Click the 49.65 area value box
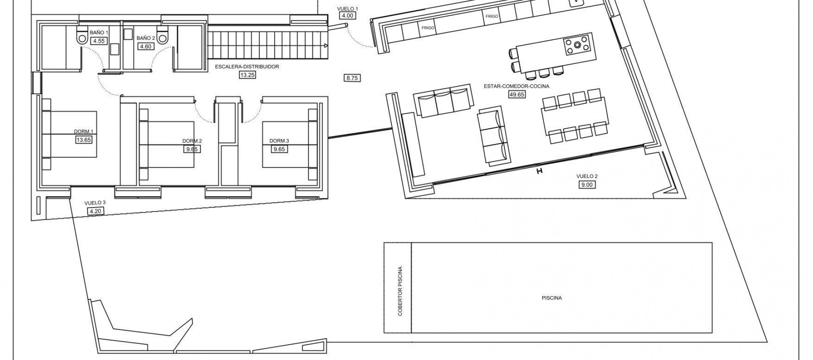click(517, 94)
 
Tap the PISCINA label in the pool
click(551, 298)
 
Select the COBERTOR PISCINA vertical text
click(400, 291)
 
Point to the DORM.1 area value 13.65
click(83, 140)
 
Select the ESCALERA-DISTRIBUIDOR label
click(247, 66)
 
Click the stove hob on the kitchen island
click(578, 45)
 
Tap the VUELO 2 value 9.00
click(587, 184)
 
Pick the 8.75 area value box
click(353, 78)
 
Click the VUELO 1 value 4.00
click(347, 16)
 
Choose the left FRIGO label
click(427, 28)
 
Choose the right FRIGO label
click(492, 17)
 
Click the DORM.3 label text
click(279, 141)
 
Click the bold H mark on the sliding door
click(539, 171)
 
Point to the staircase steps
click(267, 47)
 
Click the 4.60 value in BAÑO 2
click(145, 47)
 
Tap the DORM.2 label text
click(192, 141)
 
